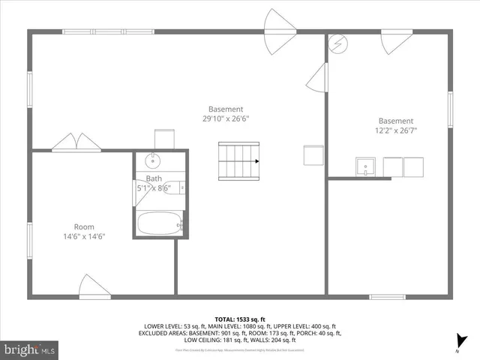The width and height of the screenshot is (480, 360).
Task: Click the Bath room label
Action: (154, 178)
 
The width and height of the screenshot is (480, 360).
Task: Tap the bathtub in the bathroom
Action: (160, 223)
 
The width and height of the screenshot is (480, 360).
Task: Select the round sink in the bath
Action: (153, 160)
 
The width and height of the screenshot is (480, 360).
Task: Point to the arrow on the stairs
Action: (256, 160)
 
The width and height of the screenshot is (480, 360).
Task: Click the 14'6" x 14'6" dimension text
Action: (84, 236)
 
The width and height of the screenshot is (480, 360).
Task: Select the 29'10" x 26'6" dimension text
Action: (226, 118)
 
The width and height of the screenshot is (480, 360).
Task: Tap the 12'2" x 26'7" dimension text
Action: (395, 130)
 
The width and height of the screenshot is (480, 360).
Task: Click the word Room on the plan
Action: (84, 226)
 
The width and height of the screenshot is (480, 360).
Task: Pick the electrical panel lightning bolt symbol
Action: (338, 43)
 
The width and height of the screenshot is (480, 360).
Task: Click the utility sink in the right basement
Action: (366, 166)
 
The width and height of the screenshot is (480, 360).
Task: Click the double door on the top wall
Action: (283, 41)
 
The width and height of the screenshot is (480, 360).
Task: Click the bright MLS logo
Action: (30, 349)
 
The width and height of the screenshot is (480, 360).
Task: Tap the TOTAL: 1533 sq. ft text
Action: (240, 318)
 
